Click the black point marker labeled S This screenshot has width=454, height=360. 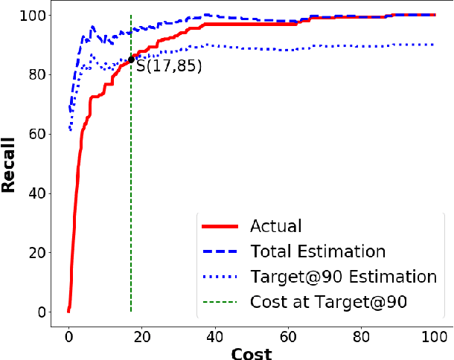pos(131,60)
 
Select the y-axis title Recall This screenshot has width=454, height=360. pos(10,164)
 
